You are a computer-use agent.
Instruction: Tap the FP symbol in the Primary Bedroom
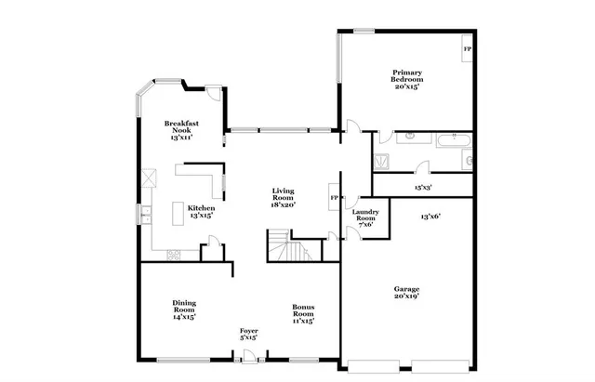coord(467,48)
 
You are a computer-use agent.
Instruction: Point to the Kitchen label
coord(201,207)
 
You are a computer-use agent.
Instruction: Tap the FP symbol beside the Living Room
coord(334,199)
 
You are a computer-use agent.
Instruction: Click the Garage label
coord(405,288)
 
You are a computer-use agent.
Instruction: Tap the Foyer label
coord(248,331)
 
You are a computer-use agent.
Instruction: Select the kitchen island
coord(179,216)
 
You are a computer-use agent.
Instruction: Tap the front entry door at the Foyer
coord(248,356)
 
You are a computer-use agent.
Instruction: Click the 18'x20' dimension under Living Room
coord(283,206)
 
